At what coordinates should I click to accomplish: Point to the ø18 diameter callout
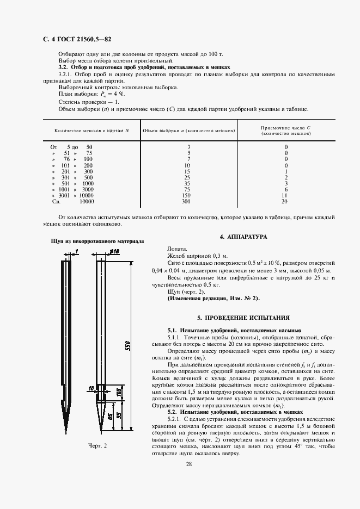tap(114, 251)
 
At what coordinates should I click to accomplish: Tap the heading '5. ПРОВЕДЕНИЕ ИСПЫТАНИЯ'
tap(243, 317)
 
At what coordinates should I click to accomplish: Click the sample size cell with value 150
tap(187, 195)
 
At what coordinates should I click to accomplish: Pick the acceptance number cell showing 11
tap(284, 195)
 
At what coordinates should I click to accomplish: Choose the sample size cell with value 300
tap(187, 201)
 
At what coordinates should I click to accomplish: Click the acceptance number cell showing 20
tap(284, 201)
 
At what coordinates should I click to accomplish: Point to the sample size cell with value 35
tap(187, 183)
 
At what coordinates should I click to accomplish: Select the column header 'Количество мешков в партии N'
tap(91, 131)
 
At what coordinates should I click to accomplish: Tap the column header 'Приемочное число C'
tap(285, 127)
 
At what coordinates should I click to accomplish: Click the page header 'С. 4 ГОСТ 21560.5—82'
tap(73, 39)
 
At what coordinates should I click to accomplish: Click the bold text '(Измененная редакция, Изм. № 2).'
tap(213, 299)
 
